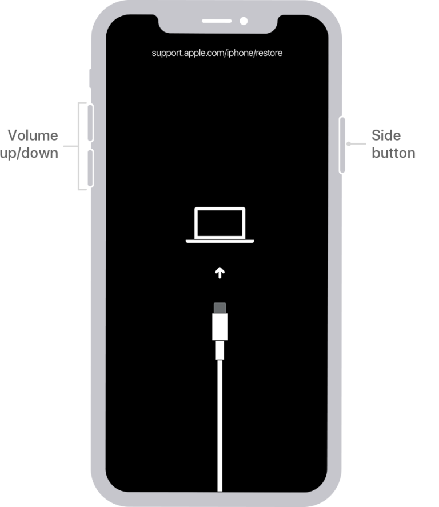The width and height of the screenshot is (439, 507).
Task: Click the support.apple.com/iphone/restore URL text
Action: (x=217, y=53)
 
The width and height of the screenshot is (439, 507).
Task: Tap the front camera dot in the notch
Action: (x=243, y=22)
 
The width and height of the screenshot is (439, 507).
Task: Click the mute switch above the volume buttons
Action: (x=90, y=78)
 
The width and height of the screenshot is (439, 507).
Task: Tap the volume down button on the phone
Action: (x=90, y=168)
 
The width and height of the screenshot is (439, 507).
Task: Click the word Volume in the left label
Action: (x=33, y=135)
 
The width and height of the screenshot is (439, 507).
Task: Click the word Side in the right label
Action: (x=386, y=135)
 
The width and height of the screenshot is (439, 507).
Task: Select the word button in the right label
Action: (x=393, y=153)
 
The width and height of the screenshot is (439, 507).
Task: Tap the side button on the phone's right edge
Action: (x=343, y=145)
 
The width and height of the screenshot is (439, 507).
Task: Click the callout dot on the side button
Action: (x=348, y=145)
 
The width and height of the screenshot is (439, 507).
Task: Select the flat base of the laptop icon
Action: (x=219, y=242)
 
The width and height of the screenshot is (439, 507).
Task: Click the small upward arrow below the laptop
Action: (x=219, y=273)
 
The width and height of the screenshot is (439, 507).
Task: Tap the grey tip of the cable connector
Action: (x=219, y=308)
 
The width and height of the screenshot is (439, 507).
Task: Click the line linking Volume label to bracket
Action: (x=69, y=146)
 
